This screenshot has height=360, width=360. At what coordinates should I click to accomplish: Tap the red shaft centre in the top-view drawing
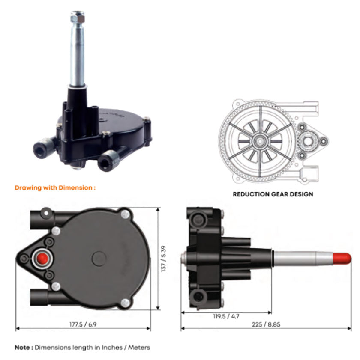(42, 259)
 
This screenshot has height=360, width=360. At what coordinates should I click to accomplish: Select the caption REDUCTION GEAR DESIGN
(273, 194)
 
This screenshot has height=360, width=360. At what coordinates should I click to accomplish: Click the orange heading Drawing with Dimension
(54, 187)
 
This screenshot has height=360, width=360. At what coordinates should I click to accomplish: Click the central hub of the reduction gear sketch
(260, 140)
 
